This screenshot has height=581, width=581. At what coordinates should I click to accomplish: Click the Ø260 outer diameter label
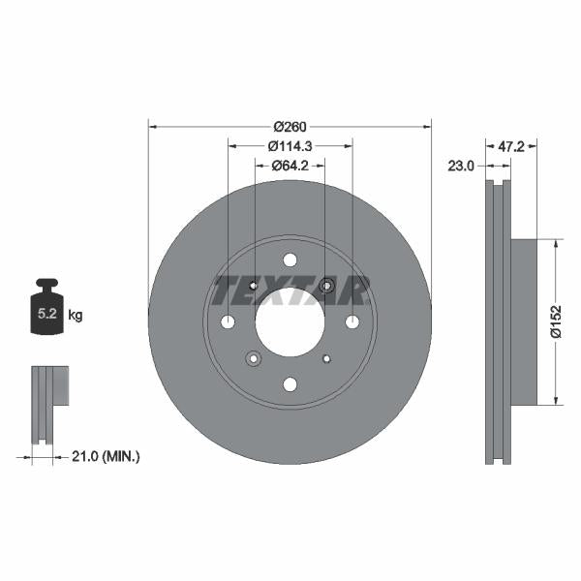(290, 126)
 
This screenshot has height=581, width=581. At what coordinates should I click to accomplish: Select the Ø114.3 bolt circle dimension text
(290, 146)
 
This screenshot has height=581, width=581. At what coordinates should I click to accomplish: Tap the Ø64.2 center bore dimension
(290, 166)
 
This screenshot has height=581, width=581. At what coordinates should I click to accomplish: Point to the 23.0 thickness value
(462, 166)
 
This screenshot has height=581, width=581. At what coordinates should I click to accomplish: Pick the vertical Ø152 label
(556, 321)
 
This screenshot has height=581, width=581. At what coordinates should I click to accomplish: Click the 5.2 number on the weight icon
(46, 315)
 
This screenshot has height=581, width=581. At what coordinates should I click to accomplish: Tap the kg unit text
(76, 315)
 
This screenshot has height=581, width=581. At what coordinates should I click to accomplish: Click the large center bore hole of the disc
(290, 321)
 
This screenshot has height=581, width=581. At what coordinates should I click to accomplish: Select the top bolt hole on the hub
(290, 260)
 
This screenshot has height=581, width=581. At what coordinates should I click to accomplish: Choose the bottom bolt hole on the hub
(290, 384)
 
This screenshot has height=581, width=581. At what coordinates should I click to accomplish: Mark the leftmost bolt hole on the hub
(228, 321)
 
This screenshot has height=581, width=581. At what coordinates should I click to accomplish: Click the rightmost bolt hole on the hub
(352, 321)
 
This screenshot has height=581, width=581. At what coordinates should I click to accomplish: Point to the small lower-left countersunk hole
(254, 358)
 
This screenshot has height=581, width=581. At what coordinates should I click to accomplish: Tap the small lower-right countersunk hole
(326, 358)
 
